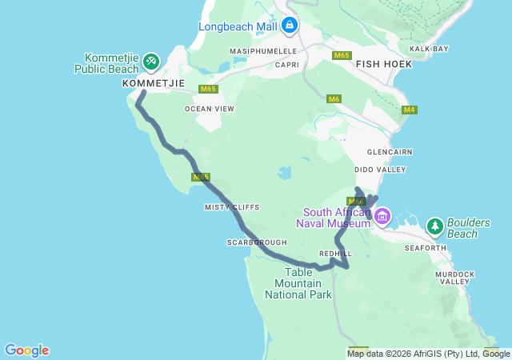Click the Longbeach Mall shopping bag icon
(x=290, y=26)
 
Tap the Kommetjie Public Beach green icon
(x=150, y=61)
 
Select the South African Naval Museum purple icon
(x=382, y=215)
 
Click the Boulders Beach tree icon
(x=434, y=226)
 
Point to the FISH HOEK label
(x=383, y=63)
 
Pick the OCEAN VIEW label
(x=210, y=109)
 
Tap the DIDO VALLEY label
(x=380, y=170)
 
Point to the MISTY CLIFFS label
(x=232, y=207)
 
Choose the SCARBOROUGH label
(x=256, y=242)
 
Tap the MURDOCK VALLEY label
(x=454, y=277)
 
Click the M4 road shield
(x=410, y=110)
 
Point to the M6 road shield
(x=334, y=98)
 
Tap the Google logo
(x=26, y=350)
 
